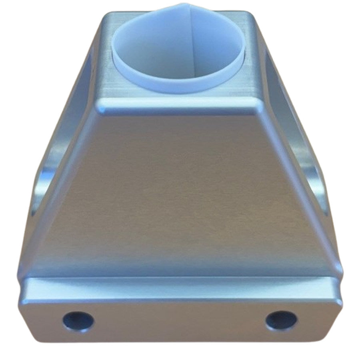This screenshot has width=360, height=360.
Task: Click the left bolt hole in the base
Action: click(78, 320)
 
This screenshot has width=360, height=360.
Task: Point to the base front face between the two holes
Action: click(180, 320)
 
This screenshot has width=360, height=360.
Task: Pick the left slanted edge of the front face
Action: click(64, 192)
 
